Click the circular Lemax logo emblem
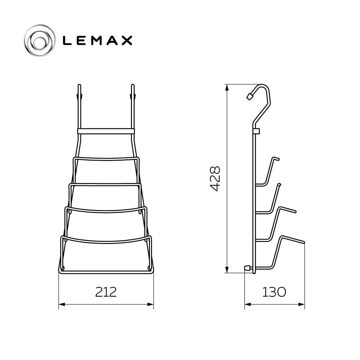pyautogui.click(x=40, y=40)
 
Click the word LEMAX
pyautogui.click(x=97, y=40)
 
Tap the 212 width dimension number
pyautogui.click(x=106, y=292)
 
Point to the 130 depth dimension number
pyautogui.click(x=274, y=292)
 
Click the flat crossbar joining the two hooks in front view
pyautogui.click(x=106, y=131)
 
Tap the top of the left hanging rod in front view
pyautogui.click(x=79, y=86)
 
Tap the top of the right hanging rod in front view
pyautogui.click(x=132, y=86)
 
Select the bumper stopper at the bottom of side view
pyautogui.click(x=247, y=268)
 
